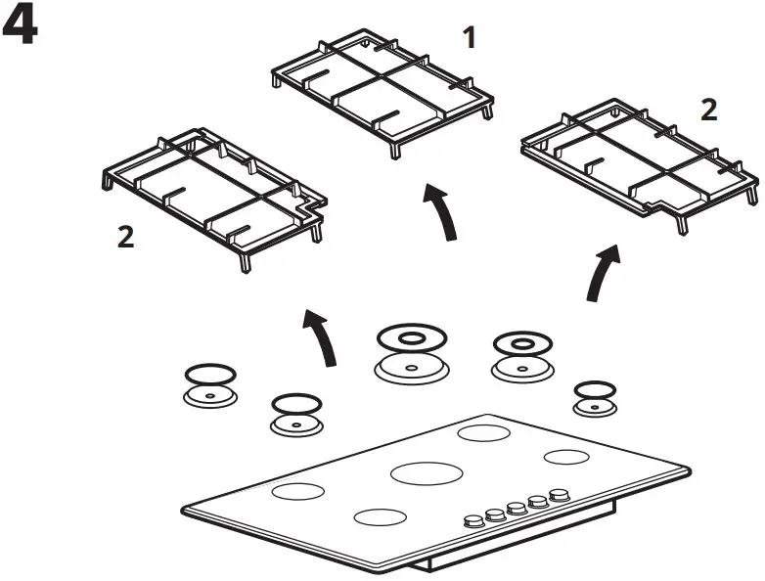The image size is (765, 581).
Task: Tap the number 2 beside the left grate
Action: click(125, 237)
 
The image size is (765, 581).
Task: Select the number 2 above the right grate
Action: click(708, 110)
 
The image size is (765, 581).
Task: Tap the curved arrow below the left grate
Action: click(321, 338)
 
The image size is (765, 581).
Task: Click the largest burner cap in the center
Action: click(410, 357)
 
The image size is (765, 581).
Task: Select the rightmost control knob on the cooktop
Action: click(559, 496)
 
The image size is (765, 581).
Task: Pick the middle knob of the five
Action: click(515, 508)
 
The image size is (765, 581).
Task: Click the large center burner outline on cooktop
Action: click(427, 472)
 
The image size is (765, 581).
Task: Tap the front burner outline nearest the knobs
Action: click(380, 517)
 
